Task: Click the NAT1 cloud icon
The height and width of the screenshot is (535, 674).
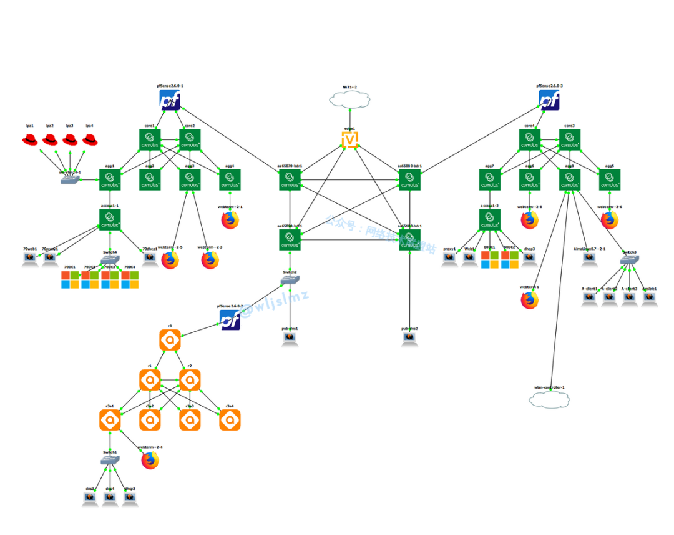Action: [349, 99]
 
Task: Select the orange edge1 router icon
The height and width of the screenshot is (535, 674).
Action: [349, 139]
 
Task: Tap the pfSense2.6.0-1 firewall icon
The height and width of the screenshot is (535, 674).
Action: [170, 100]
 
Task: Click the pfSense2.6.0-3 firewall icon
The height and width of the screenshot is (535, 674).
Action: [549, 100]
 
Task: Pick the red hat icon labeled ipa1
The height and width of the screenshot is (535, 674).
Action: [30, 139]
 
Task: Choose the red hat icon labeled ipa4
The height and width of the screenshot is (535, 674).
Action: [90, 139]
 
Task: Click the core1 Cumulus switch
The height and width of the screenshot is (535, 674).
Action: [150, 139]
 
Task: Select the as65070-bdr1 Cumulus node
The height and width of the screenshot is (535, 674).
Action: [290, 180]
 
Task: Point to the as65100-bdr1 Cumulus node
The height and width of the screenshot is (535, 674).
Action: [409, 239]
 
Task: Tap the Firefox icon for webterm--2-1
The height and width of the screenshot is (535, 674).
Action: [230, 220]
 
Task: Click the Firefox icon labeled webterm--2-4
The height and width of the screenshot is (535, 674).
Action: [150, 461]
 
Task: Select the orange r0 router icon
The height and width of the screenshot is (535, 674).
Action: [170, 340]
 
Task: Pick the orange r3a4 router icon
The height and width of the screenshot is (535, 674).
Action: [230, 420]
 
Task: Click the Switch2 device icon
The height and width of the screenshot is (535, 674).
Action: [290, 280]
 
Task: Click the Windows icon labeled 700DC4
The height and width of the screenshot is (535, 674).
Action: [130, 279]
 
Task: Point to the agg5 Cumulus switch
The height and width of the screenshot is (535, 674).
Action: [609, 180]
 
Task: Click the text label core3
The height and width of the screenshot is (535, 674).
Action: [569, 126]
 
